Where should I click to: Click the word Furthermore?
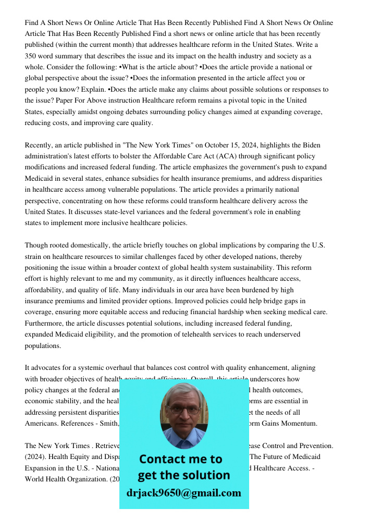pyautogui.click(x=46, y=323)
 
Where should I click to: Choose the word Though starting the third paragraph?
pyautogui.click(x=36, y=245)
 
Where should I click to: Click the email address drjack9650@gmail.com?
pyautogui.click(x=184, y=493)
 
